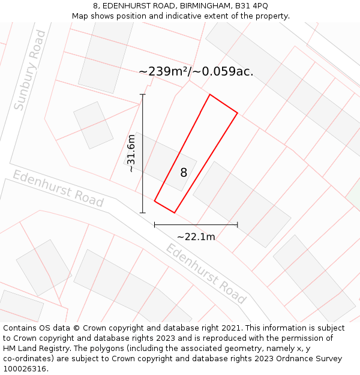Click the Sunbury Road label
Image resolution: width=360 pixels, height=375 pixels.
[x=29, y=71]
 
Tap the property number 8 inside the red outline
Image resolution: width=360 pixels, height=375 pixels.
[x=184, y=173]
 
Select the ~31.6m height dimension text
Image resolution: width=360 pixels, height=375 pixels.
[x=131, y=154]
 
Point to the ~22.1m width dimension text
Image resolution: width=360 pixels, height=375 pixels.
[x=196, y=236]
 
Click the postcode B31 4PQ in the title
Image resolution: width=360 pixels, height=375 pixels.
[x=251, y=6]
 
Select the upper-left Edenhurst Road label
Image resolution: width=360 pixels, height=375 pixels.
[x=58, y=188]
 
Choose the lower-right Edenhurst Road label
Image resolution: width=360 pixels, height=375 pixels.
[x=206, y=274]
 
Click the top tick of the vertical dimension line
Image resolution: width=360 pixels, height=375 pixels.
[x=143, y=94]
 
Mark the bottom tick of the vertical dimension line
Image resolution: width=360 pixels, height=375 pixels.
[x=143, y=212]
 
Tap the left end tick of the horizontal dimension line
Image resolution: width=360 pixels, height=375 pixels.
[x=155, y=225]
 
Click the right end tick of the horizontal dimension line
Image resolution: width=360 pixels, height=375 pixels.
[x=238, y=225]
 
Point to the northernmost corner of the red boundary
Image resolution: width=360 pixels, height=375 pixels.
[x=209, y=94]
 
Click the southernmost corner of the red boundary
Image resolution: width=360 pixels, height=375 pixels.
[x=175, y=212]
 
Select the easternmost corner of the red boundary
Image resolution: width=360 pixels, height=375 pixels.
[x=238, y=112]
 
